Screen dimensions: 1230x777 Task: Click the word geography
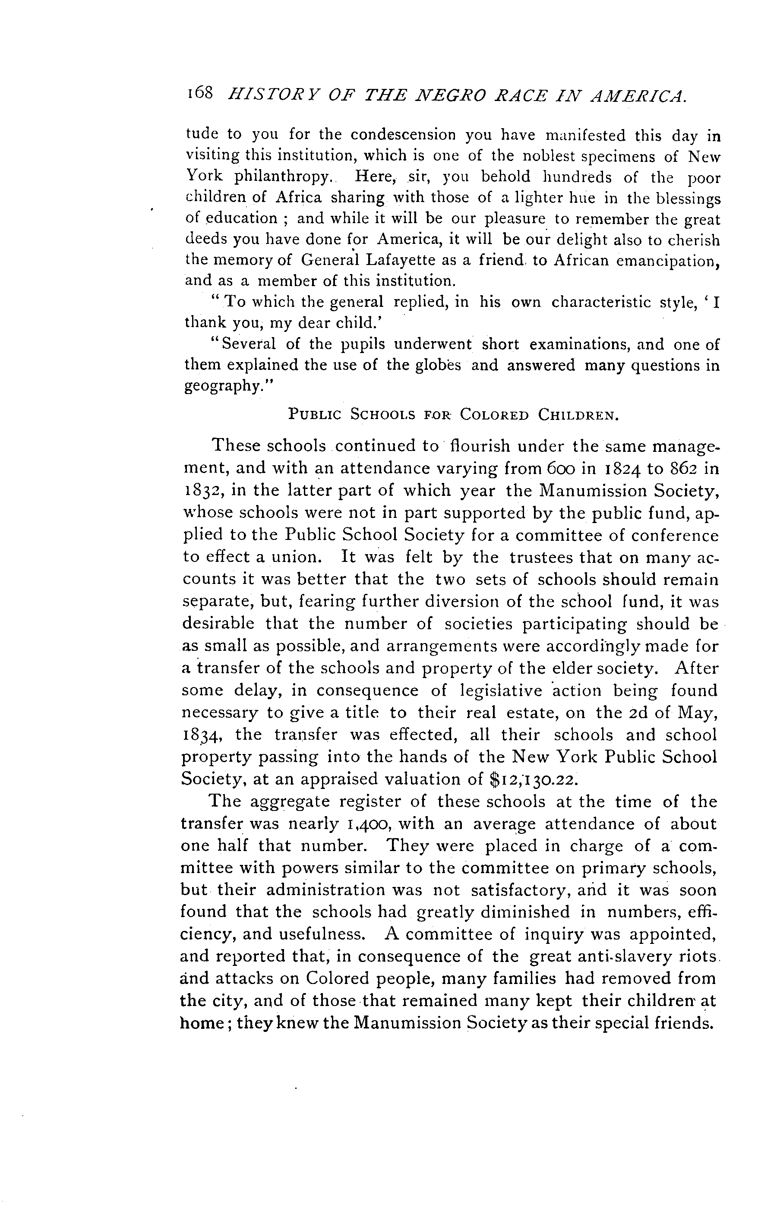tap(225, 387)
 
